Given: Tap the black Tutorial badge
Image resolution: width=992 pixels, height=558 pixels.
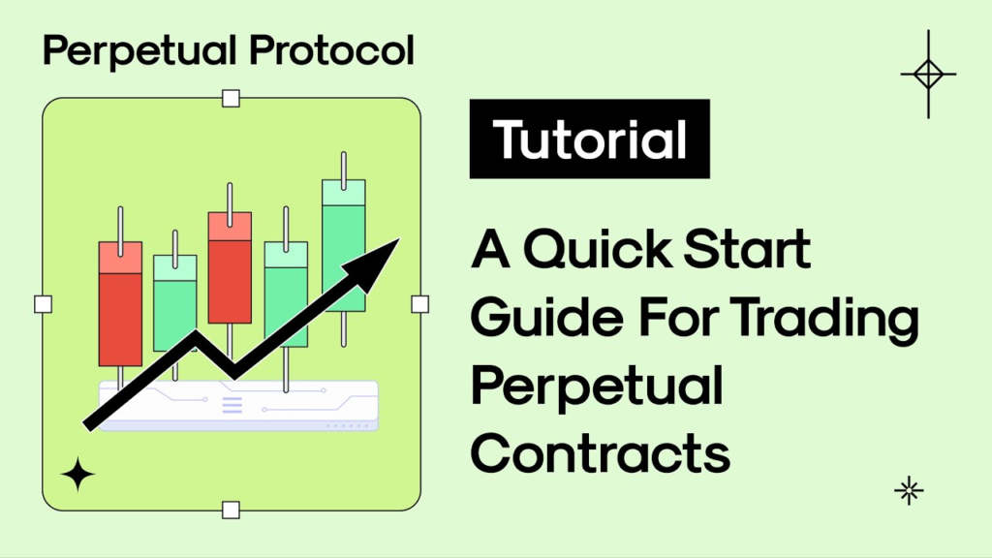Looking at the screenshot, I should pyautogui.click(x=589, y=139).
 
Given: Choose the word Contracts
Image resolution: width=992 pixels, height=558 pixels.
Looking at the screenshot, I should pyautogui.click(x=601, y=452).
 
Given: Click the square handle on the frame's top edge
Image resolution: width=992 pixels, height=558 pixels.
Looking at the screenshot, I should pyautogui.click(x=231, y=98).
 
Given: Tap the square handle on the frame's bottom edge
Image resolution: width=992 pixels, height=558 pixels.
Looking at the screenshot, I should pyautogui.click(x=231, y=510).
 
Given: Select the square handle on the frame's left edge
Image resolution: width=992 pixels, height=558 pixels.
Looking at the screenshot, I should pyautogui.click(x=43, y=304).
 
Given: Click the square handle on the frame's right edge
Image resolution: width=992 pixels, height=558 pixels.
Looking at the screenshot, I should pyautogui.click(x=419, y=304).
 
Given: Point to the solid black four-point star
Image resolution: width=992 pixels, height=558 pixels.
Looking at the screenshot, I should pyautogui.click(x=77, y=475).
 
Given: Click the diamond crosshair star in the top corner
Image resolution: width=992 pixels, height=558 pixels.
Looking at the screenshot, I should pyautogui.click(x=927, y=74).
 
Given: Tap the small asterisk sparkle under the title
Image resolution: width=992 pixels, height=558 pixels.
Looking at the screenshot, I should pyautogui.click(x=908, y=491).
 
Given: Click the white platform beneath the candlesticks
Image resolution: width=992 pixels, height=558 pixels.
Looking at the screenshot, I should pyautogui.click(x=242, y=404).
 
